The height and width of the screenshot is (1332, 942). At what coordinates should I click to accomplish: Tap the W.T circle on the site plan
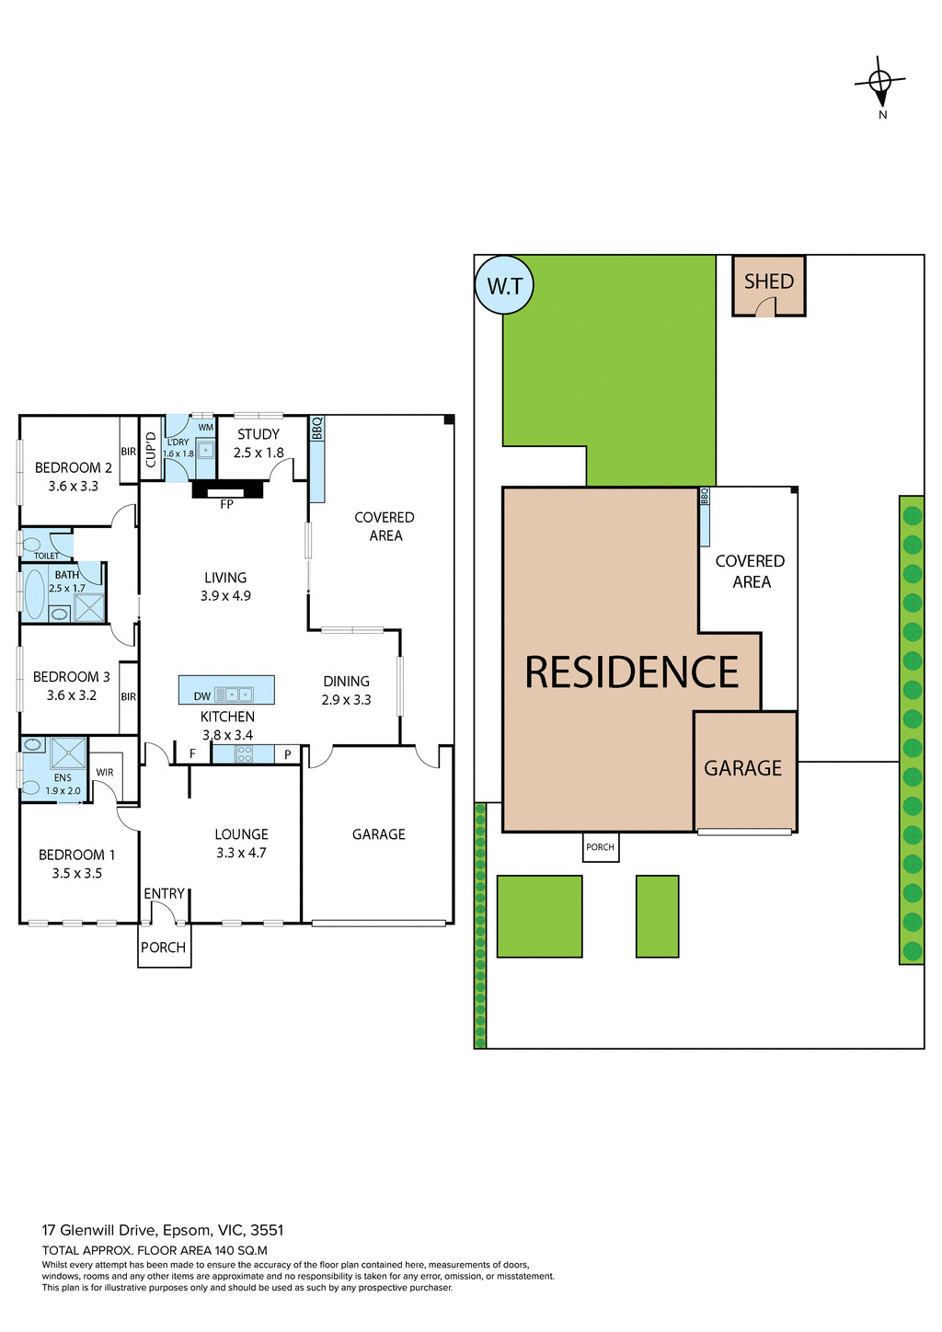(x=504, y=285)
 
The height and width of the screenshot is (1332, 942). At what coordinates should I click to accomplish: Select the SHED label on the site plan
(x=768, y=281)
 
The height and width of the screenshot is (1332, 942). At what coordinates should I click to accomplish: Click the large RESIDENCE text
(x=632, y=672)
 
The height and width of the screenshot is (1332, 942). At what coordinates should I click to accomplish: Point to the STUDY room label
(x=258, y=434)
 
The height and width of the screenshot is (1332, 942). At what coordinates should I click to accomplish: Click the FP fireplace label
(x=226, y=504)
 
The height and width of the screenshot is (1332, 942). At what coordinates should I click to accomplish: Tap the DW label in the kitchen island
(x=201, y=696)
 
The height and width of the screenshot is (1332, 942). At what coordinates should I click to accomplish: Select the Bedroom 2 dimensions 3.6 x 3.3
(x=74, y=486)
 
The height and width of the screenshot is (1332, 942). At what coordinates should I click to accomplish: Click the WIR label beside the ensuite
(x=105, y=772)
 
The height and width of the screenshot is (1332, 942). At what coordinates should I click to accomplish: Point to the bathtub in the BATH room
(x=35, y=594)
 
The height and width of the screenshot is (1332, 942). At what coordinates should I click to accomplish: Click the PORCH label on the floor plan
(x=163, y=947)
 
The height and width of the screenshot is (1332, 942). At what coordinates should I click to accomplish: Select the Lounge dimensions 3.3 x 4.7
(x=241, y=853)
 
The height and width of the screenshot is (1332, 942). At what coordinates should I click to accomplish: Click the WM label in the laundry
(x=205, y=427)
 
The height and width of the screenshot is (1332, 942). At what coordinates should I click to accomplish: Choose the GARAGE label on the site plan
(x=742, y=768)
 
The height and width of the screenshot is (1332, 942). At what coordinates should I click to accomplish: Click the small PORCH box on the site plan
(x=600, y=847)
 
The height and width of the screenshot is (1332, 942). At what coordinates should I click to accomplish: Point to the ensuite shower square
(x=68, y=753)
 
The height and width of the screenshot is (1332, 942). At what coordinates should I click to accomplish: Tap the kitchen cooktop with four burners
(x=244, y=754)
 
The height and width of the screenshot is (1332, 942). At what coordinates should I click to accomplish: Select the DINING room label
(x=346, y=682)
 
